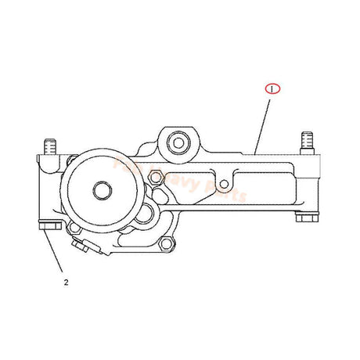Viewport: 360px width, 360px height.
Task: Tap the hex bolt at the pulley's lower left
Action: [x=73, y=229]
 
